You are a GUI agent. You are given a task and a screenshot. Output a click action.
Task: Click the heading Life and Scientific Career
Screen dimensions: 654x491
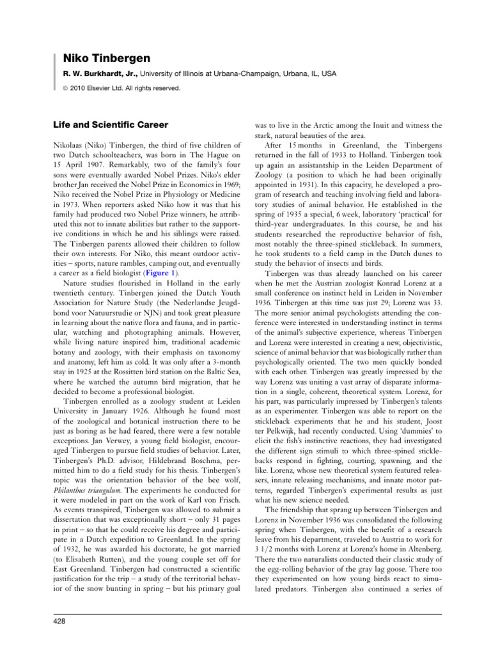coord(110,125)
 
